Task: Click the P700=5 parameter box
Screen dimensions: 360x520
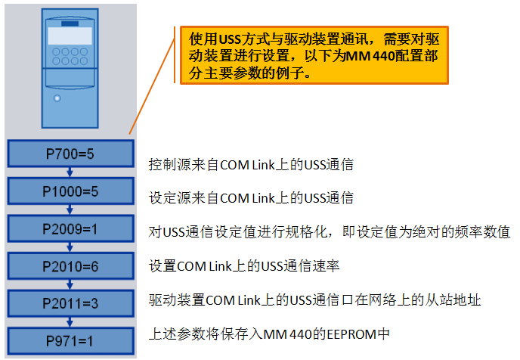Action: pos(70,154)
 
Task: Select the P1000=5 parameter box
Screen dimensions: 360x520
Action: pos(70,191)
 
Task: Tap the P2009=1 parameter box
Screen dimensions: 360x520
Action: pos(70,228)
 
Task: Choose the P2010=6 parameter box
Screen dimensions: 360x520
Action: pos(70,265)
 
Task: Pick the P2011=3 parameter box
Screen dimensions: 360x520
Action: pos(70,303)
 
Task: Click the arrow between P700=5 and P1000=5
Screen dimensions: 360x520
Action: pos(70,172)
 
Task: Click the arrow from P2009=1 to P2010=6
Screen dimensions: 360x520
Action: pos(70,247)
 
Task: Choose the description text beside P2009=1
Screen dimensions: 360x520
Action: pos(330,231)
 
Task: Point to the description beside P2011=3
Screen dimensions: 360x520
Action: pos(314,299)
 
